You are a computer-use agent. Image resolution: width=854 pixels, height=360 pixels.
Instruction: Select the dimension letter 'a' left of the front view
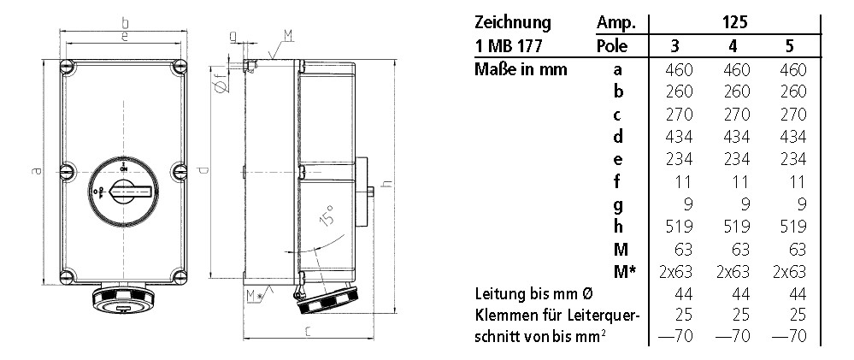point(37,172)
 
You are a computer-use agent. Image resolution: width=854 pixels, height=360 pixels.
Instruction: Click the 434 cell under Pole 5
point(794,136)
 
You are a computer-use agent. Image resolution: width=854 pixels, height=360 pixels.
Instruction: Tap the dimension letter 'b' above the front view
point(125,22)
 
